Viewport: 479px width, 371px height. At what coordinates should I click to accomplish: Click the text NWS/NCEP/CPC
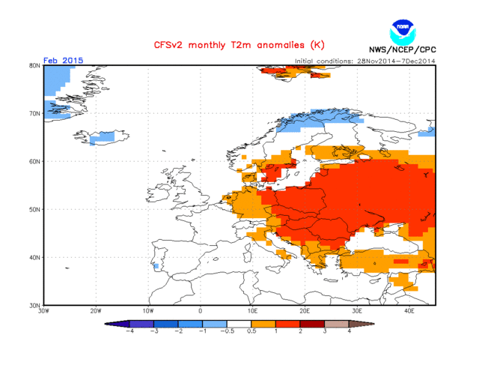point(403,50)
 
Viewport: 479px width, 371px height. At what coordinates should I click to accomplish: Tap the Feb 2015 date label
point(64,60)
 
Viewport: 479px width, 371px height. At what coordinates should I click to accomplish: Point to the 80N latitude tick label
point(34,65)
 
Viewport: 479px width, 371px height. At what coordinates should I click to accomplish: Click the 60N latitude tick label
point(34,161)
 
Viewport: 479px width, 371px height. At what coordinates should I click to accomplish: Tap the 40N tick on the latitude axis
point(34,257)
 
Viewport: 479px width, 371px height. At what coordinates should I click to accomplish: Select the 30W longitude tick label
point(43,310)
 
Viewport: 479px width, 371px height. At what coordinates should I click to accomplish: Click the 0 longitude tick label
point(200,310)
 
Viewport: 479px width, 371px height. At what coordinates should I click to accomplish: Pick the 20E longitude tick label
point(305,310)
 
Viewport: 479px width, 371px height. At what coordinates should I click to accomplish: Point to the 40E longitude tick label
point(409,310)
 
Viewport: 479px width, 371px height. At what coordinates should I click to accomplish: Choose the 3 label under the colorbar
point(324,331)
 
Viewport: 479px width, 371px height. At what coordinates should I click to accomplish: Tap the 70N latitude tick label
point(34,113)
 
